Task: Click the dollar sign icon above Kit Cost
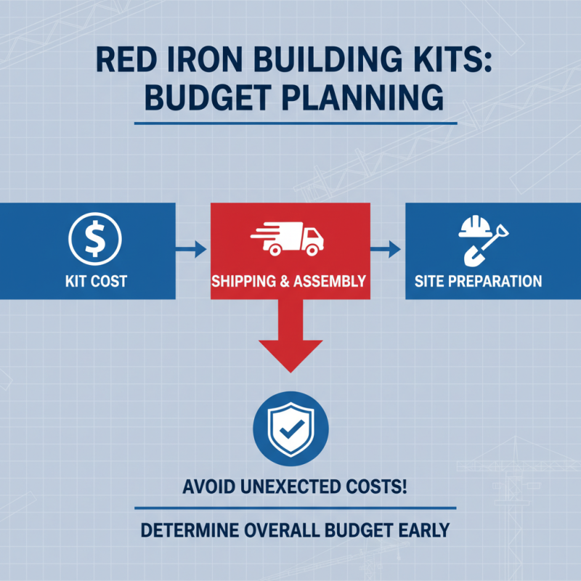(x=94, y=238)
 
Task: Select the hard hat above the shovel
(x=476, y=228)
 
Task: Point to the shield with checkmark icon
(x=290, y=428)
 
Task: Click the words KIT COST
(x=94, y=281)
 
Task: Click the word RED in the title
(x=129, y=60)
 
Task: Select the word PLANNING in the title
(x=367, y=99)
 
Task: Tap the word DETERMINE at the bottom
(x=187, y=528)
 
